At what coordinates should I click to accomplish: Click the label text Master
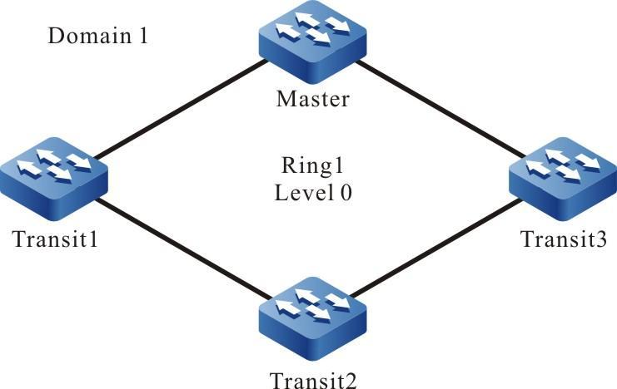pyautogui.click(x=312, y=100)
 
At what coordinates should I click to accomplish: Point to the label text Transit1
pyautogui.click(x=54, y=240)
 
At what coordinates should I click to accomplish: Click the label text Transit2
pyautogui.click(x=313, y=381)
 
